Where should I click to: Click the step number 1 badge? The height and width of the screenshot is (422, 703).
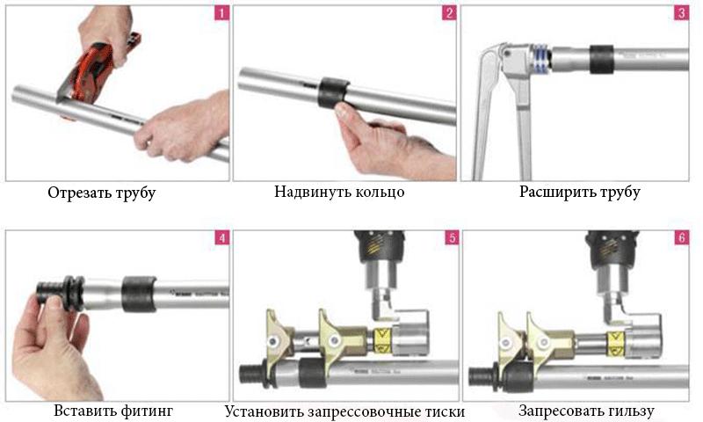click(x=222, y=13)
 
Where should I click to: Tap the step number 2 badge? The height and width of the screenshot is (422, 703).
click(x=449, y=13)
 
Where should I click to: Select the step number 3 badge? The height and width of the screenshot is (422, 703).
click(x=682, y=13)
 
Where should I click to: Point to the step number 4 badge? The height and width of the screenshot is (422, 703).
click(x=222, y=237)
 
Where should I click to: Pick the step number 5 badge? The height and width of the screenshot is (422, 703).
click(x=452, y=237)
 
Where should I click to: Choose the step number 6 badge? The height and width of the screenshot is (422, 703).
click(x=682, y=237)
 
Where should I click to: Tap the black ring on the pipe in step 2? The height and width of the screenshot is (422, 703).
click(x=333, y=93)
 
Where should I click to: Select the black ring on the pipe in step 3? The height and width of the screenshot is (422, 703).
click(x=601, y=59)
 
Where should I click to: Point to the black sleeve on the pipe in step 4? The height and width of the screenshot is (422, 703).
click(x=139, y=294)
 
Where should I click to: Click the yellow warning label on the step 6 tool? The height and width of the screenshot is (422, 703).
click(x=615, y=343)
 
